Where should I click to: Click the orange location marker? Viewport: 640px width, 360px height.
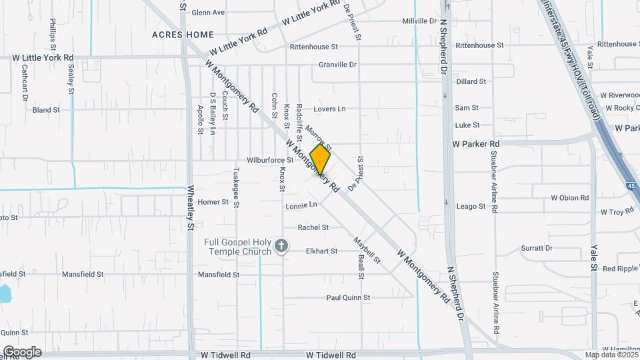(320, 160)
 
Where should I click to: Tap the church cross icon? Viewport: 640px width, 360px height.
(281, 247)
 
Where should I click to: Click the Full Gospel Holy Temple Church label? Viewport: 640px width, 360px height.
(237, 247)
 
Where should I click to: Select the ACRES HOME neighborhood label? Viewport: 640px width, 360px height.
(183, 34)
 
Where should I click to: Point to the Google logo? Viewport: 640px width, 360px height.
(22, 352)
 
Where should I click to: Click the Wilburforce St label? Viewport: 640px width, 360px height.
(270, 161)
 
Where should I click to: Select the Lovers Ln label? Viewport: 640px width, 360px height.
(330, 109)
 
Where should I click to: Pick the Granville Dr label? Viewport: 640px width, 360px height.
(337, 65)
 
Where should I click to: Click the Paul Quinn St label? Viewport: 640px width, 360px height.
(347, 297)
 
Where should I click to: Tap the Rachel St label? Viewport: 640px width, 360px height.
(313, 227)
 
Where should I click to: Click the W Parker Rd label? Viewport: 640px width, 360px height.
(475, 144)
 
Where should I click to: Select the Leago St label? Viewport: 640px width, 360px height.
(471, 207)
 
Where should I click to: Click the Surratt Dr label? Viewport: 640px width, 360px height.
(537, 248)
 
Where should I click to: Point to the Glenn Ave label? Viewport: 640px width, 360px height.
(208, 13)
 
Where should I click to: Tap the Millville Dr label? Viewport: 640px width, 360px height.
(419, 21)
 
